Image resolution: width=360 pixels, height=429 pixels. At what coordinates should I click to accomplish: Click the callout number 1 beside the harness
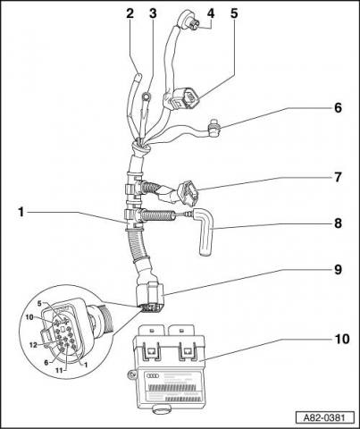click(21, 213)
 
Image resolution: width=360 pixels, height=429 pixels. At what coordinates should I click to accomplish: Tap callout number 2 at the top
click(130, 13)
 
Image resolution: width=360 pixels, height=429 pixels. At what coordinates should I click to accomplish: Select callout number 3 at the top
click(153, 13)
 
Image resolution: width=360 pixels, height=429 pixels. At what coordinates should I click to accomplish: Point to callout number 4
click(211, 13)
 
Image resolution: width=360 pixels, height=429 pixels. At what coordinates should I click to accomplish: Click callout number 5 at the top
click(234, 13)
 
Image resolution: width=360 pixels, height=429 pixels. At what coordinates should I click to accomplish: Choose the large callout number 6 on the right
click(338, 107)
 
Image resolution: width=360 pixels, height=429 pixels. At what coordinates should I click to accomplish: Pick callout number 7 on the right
click(338, 177)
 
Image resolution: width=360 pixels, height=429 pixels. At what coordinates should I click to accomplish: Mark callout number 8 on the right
click(338, 223)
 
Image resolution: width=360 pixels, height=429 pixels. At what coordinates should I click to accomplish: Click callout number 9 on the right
click(338, 270)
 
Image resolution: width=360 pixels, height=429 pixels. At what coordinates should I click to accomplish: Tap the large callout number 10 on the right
click(342, 339)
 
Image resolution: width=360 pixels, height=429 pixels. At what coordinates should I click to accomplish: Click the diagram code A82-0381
click(325, 417)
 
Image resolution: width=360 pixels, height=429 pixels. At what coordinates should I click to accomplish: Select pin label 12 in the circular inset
click(33, 345)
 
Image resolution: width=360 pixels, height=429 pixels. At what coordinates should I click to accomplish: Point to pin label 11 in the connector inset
click(59, 370)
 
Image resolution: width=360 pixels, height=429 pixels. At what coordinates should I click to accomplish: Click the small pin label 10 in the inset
click(29, 317)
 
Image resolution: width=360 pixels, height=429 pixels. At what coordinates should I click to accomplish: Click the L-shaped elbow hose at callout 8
click(205, 231)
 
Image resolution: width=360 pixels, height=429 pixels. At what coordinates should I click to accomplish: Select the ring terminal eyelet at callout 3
click(147, 97)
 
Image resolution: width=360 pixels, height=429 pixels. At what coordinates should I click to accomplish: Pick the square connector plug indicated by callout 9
click(149, 297)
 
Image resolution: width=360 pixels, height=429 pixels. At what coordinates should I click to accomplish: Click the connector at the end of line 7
click(188, 194)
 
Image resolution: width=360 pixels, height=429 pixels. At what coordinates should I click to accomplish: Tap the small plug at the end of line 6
click(214, 130)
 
